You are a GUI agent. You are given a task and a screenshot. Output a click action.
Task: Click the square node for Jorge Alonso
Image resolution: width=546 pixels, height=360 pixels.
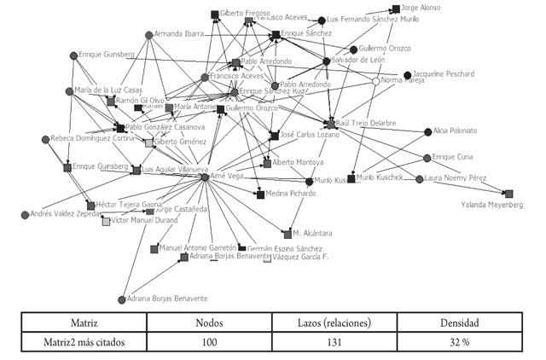pos(396,9)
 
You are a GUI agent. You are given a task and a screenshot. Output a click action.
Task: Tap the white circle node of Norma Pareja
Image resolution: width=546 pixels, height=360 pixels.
pos(375,82)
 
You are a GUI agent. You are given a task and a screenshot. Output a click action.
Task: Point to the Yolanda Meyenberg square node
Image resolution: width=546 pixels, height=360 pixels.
pos(509,194)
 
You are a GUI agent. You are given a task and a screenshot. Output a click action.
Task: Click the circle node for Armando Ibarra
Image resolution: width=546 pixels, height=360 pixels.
pos(148,35)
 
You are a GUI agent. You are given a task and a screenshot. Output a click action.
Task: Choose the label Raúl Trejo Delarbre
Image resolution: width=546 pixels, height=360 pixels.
pos(367,124)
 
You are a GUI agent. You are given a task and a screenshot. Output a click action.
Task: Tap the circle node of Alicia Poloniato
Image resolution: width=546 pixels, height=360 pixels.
pos(427,131)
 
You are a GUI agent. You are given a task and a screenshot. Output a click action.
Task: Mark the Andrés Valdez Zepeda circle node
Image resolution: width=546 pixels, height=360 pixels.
pos(25,215)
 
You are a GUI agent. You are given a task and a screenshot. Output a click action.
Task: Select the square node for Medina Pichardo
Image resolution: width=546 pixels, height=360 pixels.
pos(260,195)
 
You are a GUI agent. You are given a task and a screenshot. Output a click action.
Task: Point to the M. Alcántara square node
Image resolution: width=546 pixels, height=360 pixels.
pos(288,233)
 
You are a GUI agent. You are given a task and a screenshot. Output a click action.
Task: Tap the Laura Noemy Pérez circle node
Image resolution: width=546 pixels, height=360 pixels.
pos(419,179)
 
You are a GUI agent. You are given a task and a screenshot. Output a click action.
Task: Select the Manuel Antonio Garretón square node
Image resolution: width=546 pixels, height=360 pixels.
pos(154,249)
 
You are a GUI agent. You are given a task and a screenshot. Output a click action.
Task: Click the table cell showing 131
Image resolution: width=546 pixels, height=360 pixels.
pos(335,341)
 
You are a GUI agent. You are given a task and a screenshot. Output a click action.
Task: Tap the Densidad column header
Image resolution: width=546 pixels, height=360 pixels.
pos(461,323)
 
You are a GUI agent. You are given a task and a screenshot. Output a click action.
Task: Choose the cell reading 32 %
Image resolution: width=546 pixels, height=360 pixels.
pos(461,341)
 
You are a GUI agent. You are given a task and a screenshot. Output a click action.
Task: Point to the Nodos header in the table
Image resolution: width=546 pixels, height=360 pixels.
pos(210,323)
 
